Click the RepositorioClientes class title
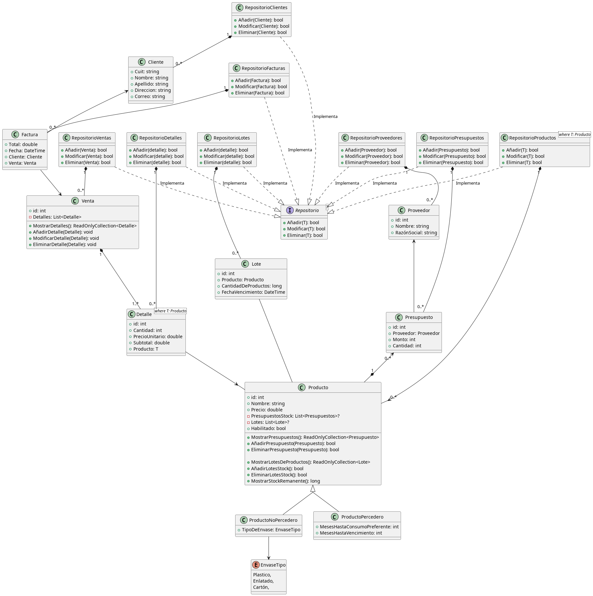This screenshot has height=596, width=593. (x=266, y=8)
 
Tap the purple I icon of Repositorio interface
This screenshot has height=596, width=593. (x=290, y=210)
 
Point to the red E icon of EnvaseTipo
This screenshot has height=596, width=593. (x=256, y=565)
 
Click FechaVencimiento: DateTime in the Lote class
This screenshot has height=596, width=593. (x=253, y=292)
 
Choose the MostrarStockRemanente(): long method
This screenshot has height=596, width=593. (x=285, y=481)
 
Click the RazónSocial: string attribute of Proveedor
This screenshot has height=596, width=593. (x=416, y=233)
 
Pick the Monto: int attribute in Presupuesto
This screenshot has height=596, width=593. (x=404, y=339)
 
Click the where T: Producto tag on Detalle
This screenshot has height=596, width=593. (x=170, y=311)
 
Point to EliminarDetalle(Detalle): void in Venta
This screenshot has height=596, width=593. (x=64, y=244)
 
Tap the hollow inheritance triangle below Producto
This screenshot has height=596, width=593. (x=313, y=488)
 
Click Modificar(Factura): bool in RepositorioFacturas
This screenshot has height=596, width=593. (x=261, y=87)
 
